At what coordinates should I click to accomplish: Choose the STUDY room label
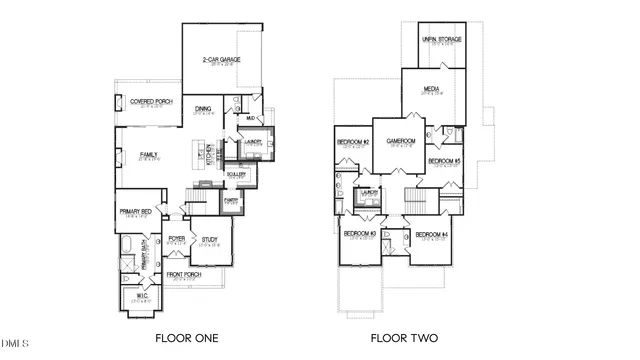point(209,240)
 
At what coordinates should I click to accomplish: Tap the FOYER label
point(177,239)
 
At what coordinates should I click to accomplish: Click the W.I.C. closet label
point(141,296)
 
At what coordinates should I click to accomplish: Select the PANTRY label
point(230,200)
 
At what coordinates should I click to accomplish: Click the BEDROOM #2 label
point(353,142)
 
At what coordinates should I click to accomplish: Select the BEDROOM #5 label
point(444,161)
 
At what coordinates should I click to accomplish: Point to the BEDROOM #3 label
point(359,234)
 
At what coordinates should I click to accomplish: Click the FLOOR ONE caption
point(186,338)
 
